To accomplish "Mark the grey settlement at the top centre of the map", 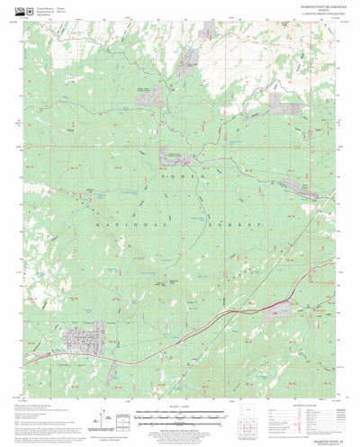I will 190,64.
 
